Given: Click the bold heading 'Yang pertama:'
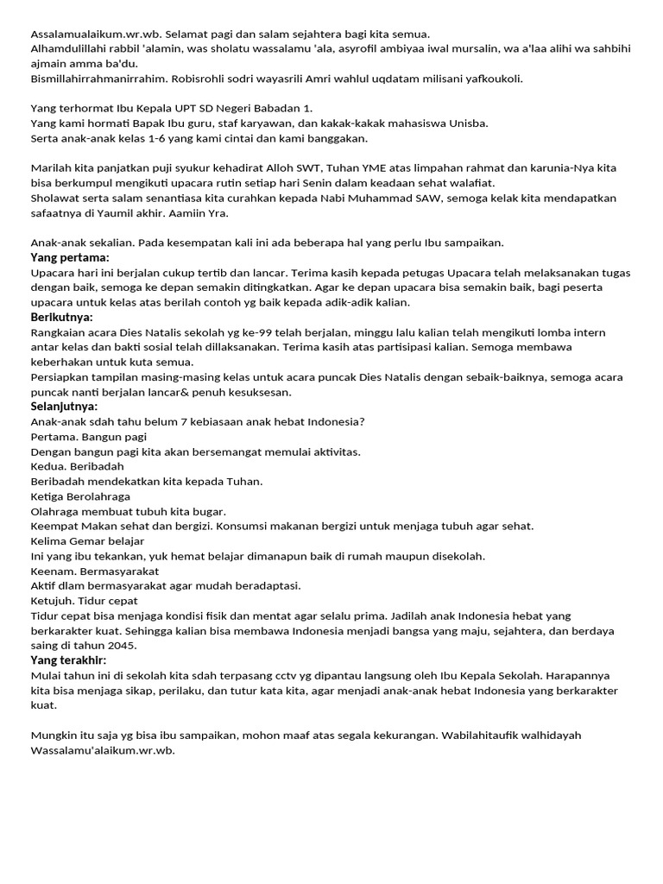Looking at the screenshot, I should coord(70,257).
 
